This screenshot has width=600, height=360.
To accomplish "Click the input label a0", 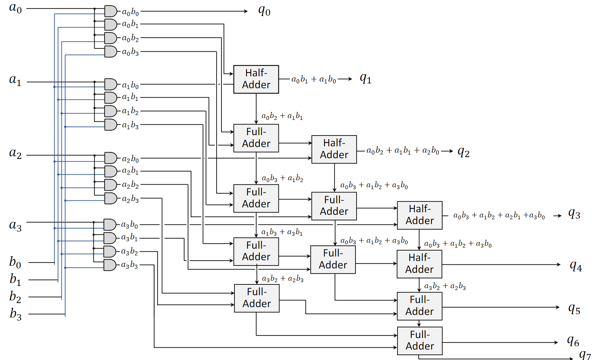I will [15, 8].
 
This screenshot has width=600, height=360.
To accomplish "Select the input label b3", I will [16, 314].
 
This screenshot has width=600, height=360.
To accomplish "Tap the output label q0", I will [264, 11].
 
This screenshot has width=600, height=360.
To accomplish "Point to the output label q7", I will [585, 354].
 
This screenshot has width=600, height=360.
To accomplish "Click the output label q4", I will [576, 266].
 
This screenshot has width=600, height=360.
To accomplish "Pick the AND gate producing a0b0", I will [111, 11].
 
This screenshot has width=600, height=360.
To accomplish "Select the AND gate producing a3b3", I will [110, 265].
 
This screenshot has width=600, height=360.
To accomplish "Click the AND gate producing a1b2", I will [111, 111].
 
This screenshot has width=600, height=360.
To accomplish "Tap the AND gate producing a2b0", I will [111, 158].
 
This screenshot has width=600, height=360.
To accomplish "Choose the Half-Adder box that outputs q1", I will [256, 79].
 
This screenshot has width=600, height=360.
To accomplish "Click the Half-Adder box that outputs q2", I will [334, 149].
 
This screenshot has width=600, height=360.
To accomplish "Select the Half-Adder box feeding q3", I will [419, 215].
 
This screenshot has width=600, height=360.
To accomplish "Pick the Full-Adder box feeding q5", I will [419, 306].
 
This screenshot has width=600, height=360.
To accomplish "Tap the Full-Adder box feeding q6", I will [419, 341].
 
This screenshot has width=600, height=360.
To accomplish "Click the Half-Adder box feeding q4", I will [419, 264].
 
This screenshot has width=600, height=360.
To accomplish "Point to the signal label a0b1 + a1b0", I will [313, 79].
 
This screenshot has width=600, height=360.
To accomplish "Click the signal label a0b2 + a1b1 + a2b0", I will [403, 151].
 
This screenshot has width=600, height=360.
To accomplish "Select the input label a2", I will [15, 153].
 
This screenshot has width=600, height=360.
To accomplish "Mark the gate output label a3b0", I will [130, 225].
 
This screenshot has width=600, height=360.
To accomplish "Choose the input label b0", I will [15, 262].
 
